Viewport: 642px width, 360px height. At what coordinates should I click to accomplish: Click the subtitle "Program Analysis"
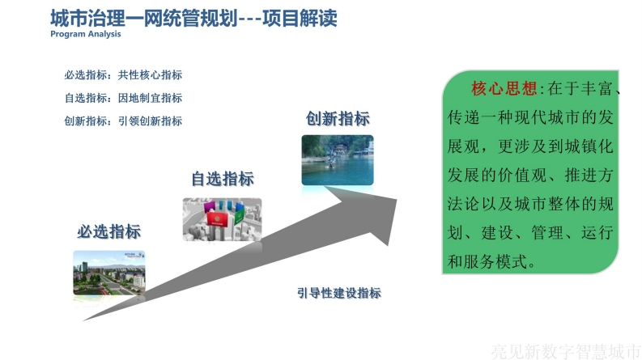86,34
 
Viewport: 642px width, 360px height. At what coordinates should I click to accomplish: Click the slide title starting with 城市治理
193,18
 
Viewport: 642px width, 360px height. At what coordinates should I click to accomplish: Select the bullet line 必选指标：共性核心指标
123,75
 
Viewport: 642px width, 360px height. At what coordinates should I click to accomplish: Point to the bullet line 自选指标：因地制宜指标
123,98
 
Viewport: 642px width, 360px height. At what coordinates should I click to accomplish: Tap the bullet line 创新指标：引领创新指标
123,121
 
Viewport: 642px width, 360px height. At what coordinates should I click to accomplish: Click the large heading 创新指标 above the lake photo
338,119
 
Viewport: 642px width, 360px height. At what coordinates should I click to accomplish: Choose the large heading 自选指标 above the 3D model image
223,179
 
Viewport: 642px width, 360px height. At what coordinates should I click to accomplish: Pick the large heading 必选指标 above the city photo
109,231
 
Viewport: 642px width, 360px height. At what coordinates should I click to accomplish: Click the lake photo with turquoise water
338,160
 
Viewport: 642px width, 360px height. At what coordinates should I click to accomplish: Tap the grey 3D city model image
223,220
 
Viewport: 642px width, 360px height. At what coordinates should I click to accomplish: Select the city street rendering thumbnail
109,273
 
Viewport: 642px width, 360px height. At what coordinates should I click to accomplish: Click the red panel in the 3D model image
217,219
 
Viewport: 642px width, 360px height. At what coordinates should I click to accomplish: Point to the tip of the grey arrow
397,199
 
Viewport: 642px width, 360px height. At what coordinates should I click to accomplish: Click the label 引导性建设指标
339,293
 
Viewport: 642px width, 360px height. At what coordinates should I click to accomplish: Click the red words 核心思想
504,88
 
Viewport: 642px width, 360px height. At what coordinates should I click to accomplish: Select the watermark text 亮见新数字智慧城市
566,351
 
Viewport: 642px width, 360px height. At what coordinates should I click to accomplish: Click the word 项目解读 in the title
300,18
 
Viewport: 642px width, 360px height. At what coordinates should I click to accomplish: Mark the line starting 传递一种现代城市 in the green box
530,117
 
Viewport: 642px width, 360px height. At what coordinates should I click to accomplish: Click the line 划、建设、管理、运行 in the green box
530,233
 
